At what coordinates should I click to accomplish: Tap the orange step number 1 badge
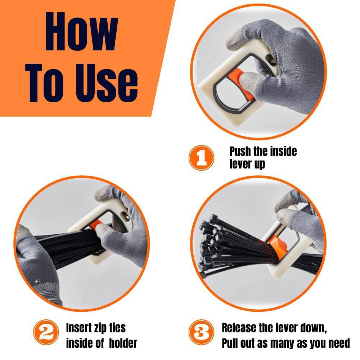pyautogui.click(x=202, y=157)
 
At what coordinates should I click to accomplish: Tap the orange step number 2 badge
pyautogui.click(x=45, y=334)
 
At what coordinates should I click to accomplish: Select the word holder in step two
pyautogui.click(x=122, y=343)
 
